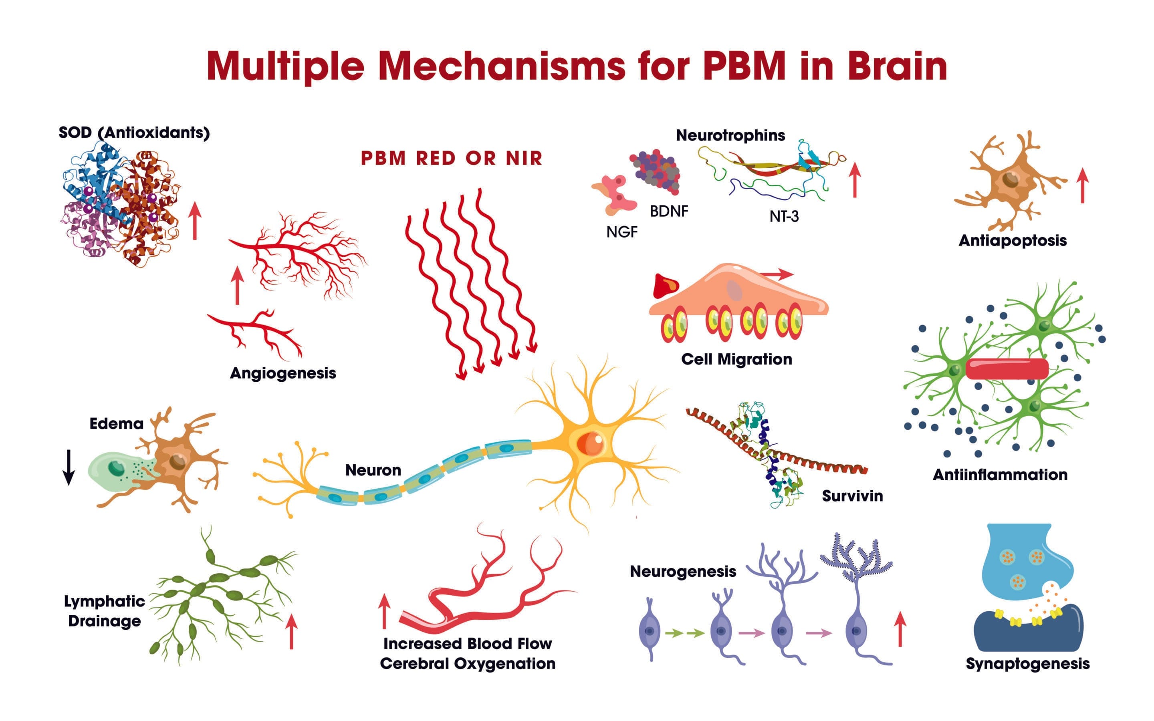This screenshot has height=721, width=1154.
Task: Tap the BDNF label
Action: coord(668,211)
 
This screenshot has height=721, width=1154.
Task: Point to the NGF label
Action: coord(622,232)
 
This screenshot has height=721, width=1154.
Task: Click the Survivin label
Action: coord(852,496)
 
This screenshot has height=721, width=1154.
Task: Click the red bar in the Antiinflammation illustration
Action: coord(1007,369)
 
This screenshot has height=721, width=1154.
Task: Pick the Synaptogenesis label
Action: coord(1028,663)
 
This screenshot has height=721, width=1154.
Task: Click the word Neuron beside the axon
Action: coord(373,470)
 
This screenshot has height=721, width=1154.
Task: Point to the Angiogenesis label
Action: coord(283,373)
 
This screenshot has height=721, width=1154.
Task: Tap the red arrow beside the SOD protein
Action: coord(195,220)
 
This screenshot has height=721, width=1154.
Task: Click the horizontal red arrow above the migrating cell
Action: coord(776,274)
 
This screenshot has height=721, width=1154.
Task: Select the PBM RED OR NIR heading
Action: coord(451,158)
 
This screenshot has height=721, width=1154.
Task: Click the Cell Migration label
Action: coord(736,359)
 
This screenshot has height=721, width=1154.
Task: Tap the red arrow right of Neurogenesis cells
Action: coord(900,629)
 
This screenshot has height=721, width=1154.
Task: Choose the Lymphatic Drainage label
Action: coord(105,611)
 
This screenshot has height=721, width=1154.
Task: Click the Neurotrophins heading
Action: coord(730,135)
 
